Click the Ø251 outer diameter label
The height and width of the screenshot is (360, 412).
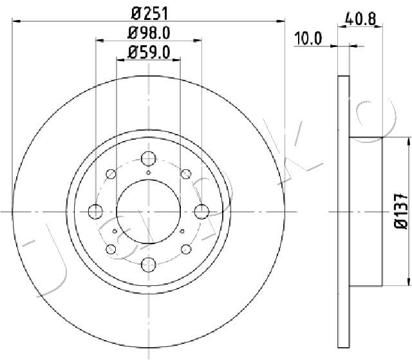tap(148, 12)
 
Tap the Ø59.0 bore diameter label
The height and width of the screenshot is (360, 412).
tap(148, 53)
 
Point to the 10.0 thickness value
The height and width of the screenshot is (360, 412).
tap(307, 39)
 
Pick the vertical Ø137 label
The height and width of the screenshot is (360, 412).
tap(399, 211)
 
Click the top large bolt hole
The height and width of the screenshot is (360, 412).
tap(149, 158)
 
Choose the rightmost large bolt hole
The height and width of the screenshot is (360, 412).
tap(201, 211)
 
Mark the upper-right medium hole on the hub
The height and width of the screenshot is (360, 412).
tap(186, 173)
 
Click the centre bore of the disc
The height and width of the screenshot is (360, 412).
tap(149, 211)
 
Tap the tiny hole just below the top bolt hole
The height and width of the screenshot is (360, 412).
tap(149, 173)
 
